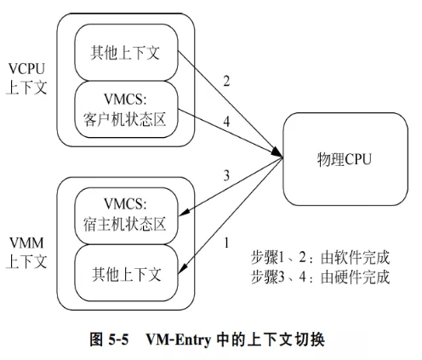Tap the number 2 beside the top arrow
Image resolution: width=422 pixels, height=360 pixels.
coord(226,83)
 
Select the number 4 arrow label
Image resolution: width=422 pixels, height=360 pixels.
coord(225,121)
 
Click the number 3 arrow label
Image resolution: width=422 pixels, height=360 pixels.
coord(226,176)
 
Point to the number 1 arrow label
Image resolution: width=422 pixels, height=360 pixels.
coord(225,243)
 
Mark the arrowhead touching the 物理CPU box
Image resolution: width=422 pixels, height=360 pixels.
coord(279,154)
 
